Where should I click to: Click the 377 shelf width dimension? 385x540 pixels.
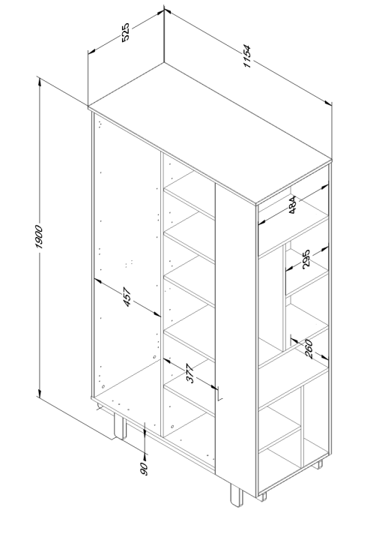click(x=190, y=374)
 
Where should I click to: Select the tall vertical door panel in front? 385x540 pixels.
click(x=235, y=330)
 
